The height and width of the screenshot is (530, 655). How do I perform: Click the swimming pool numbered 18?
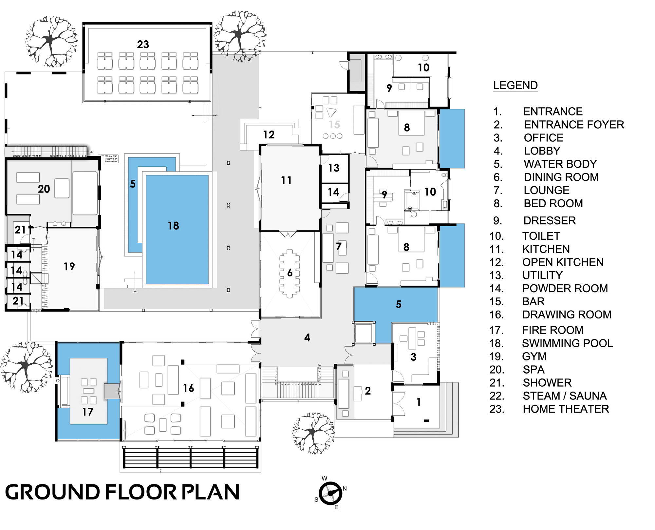point(177,230)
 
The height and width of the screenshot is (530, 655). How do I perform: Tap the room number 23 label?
point(143,44)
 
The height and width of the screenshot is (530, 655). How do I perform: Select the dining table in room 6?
point(290,273)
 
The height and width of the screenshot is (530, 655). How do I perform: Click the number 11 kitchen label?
point(286,180)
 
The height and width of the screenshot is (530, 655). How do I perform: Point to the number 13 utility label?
point(334,168)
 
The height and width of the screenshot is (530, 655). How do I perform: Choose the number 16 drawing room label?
point(189,388)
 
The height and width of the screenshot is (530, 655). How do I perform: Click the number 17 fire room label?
point(88,412)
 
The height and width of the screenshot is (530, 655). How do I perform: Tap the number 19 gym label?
point(69,266)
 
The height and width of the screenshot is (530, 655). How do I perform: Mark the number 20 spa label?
point(44,189)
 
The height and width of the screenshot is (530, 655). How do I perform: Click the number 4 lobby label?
point(307,337)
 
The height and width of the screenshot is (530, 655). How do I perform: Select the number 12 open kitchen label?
point(269,134)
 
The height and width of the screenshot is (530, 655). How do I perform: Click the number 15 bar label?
point(334,125)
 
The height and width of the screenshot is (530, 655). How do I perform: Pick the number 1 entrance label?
point(419,402)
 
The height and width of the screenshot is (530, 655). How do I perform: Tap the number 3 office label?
point(414,357)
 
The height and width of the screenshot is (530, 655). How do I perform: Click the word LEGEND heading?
point(515,85)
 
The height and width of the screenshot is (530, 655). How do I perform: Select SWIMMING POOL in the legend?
point(567,343)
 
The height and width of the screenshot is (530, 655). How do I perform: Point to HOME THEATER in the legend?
point(566,409)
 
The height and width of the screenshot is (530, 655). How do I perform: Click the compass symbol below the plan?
point(331,493)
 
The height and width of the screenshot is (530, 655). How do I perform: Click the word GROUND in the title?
point(52,492)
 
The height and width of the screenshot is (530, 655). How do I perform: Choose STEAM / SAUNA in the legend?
point(565,396)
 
